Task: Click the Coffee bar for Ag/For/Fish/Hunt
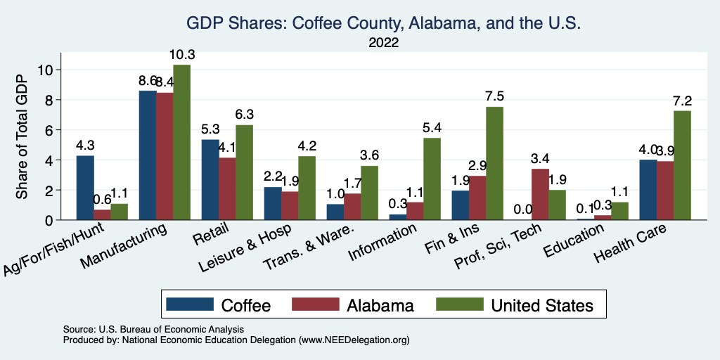[x=85, y=188]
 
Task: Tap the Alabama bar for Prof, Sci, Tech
[x=541, y=194]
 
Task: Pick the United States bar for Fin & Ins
[x=495, y=163]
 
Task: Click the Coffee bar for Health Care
[x=648, y=190]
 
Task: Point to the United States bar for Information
[x=432, y=179]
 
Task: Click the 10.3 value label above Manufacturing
[x=181, y=54]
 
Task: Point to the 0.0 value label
[x=523, y=210]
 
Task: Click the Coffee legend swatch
[x=190, y=304]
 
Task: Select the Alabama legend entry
[x=380, y=304]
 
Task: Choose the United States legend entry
[x=542, y=304]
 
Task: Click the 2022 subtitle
[x=383, y=44]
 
